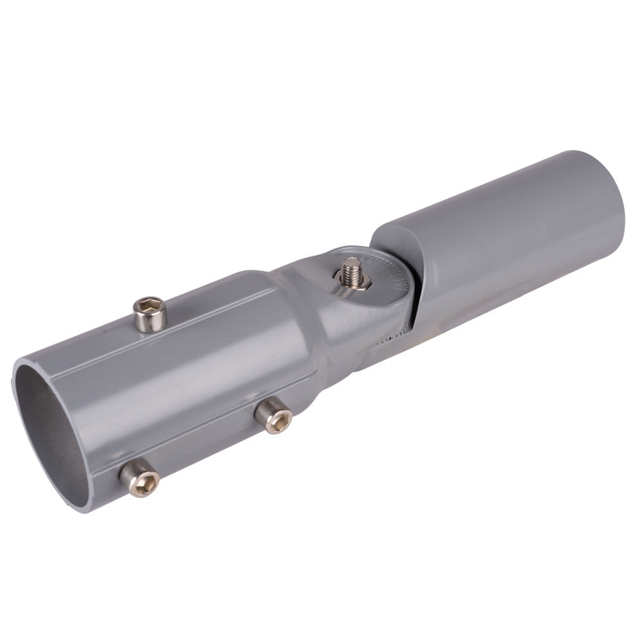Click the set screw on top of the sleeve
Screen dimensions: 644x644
coord(151,314)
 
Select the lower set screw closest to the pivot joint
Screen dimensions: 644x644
coord(273,416)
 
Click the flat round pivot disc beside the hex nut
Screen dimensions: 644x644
coord(380,283)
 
